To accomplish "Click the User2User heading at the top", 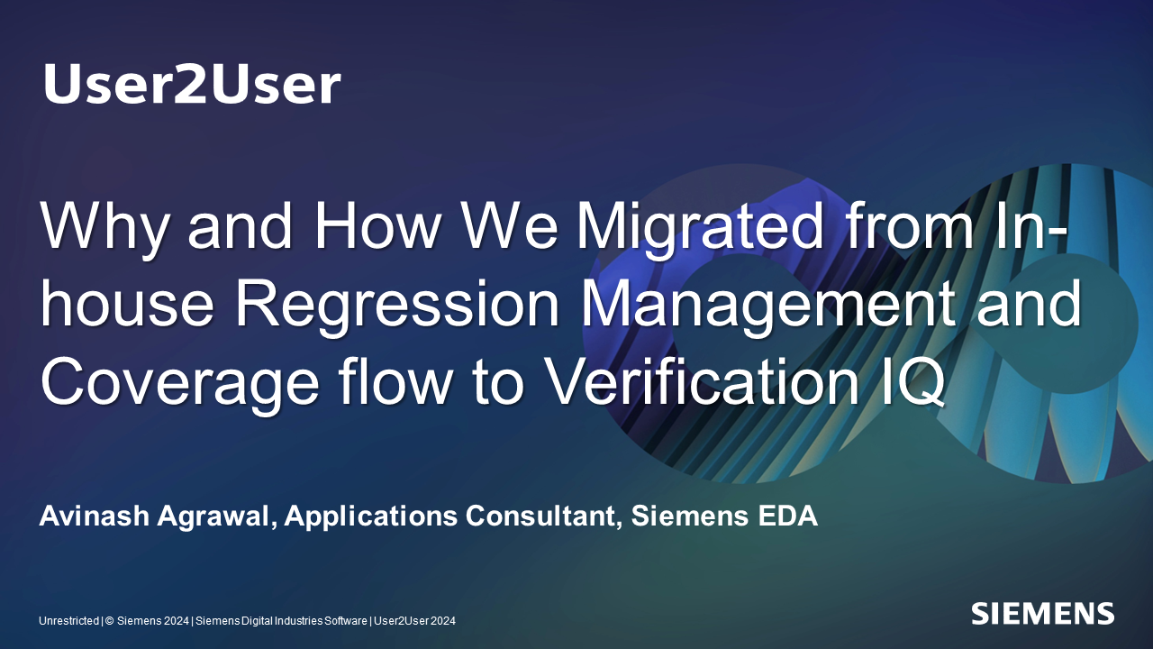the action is [192, 84].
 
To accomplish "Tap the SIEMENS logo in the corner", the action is [1043, 614].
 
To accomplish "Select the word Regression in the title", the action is [397, 304].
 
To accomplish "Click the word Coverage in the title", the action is [179, 383].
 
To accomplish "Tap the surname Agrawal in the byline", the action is [217, 517].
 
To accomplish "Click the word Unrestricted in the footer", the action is [69, 621].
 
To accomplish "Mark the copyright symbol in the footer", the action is [110, 621].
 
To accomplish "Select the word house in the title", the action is [127, 304].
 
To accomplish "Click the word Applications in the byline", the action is [370, 516].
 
